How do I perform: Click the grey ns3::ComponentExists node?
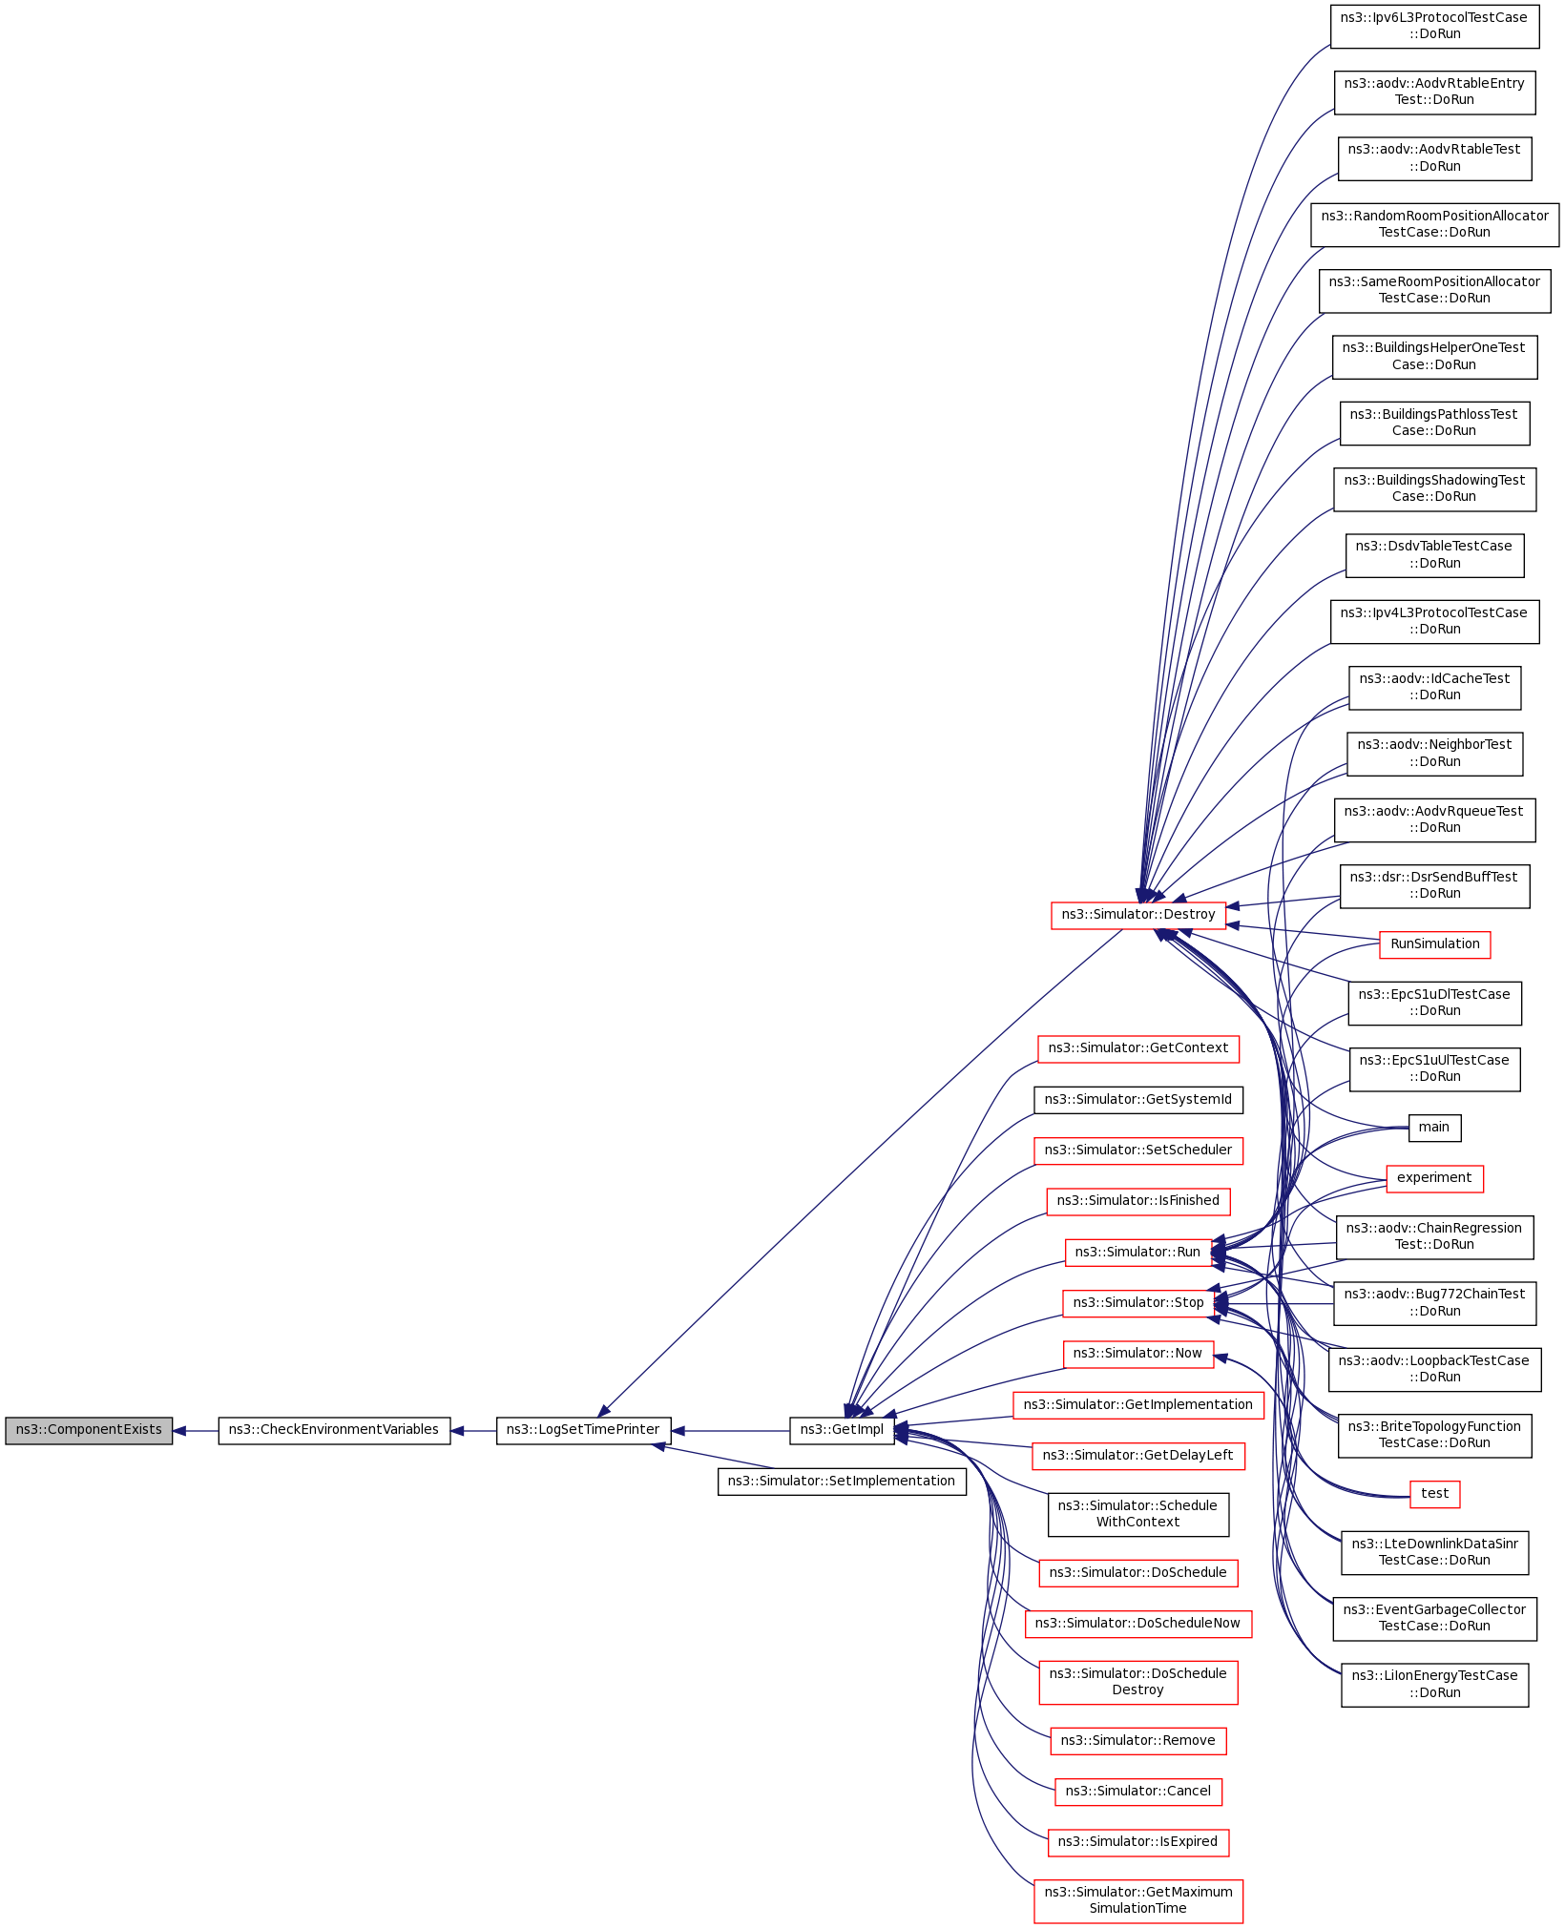click(89, 1430)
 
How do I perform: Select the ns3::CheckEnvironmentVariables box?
click(334, 1430)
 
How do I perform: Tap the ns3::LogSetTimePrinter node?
click(583, 1430)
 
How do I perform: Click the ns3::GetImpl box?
click(842, 1430)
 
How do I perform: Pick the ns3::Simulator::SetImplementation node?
click(842, 1482)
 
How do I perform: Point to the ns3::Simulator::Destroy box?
click(1137, 915)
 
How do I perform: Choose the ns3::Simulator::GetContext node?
click(1137, 1048)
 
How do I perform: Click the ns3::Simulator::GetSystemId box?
click(1137, 1100)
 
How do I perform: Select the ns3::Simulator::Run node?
click(1137, 1253)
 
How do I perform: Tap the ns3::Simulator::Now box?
click(1137, 1354)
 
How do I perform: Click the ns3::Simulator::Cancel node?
click(1137, 1792)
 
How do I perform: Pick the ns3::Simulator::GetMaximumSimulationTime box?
click(1137, 1900)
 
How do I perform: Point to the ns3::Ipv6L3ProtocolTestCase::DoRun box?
click(1434, 26)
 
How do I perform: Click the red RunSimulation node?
click(1434, 944)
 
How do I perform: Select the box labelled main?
click(1434, 1128)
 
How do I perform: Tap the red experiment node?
click(1434, 1178)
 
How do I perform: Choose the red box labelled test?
click(1434, 1494)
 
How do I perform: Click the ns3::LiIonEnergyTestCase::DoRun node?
click(1434, 1685)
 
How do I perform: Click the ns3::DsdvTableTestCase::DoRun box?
click(1434, 555)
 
